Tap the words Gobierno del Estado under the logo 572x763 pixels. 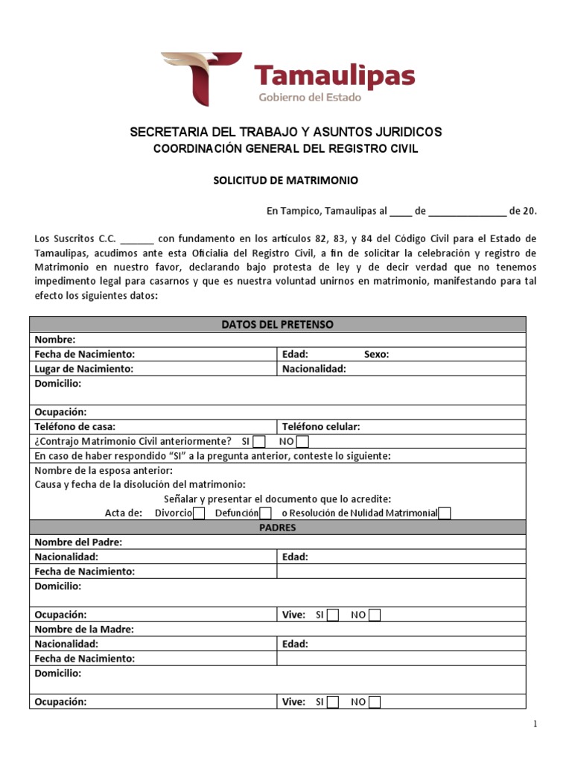pyautogui.click(x=309, y=97)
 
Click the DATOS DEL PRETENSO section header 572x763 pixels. pyautogui.click(x=277, y=324)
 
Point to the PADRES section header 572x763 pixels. pyautogui.click(x=277, y=528)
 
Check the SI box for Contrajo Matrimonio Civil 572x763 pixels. pyautogui.click(x=259, y=441)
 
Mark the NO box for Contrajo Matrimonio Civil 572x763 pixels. pyautogui.click(x=302, y=441)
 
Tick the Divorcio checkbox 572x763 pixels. pyautogui.click(x=199, y=513)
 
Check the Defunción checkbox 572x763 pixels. pyautogui.click(x=265, y=513)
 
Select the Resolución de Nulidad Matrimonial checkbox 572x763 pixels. pyautogui.click(x=445, y=513)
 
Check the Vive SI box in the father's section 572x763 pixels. pyautogui.click(x=333, y=615)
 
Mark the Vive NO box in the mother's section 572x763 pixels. pyautogui.click(x=375, y=702)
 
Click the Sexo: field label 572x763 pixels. pyautogui.click(x=376, y=355)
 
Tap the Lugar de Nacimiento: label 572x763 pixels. pyautogui.click(x=84, y=369)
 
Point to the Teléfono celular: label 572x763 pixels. pyautogui.click(x=321, y=427)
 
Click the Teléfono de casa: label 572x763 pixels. pyautogui.click(x=75, y=427)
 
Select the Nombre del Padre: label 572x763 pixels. pyautogui.click(x=78, y=542)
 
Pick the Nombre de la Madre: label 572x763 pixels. pyautogui.click(x=84, y=630)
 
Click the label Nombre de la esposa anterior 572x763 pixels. pyautogui.click(x=104, y=470)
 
